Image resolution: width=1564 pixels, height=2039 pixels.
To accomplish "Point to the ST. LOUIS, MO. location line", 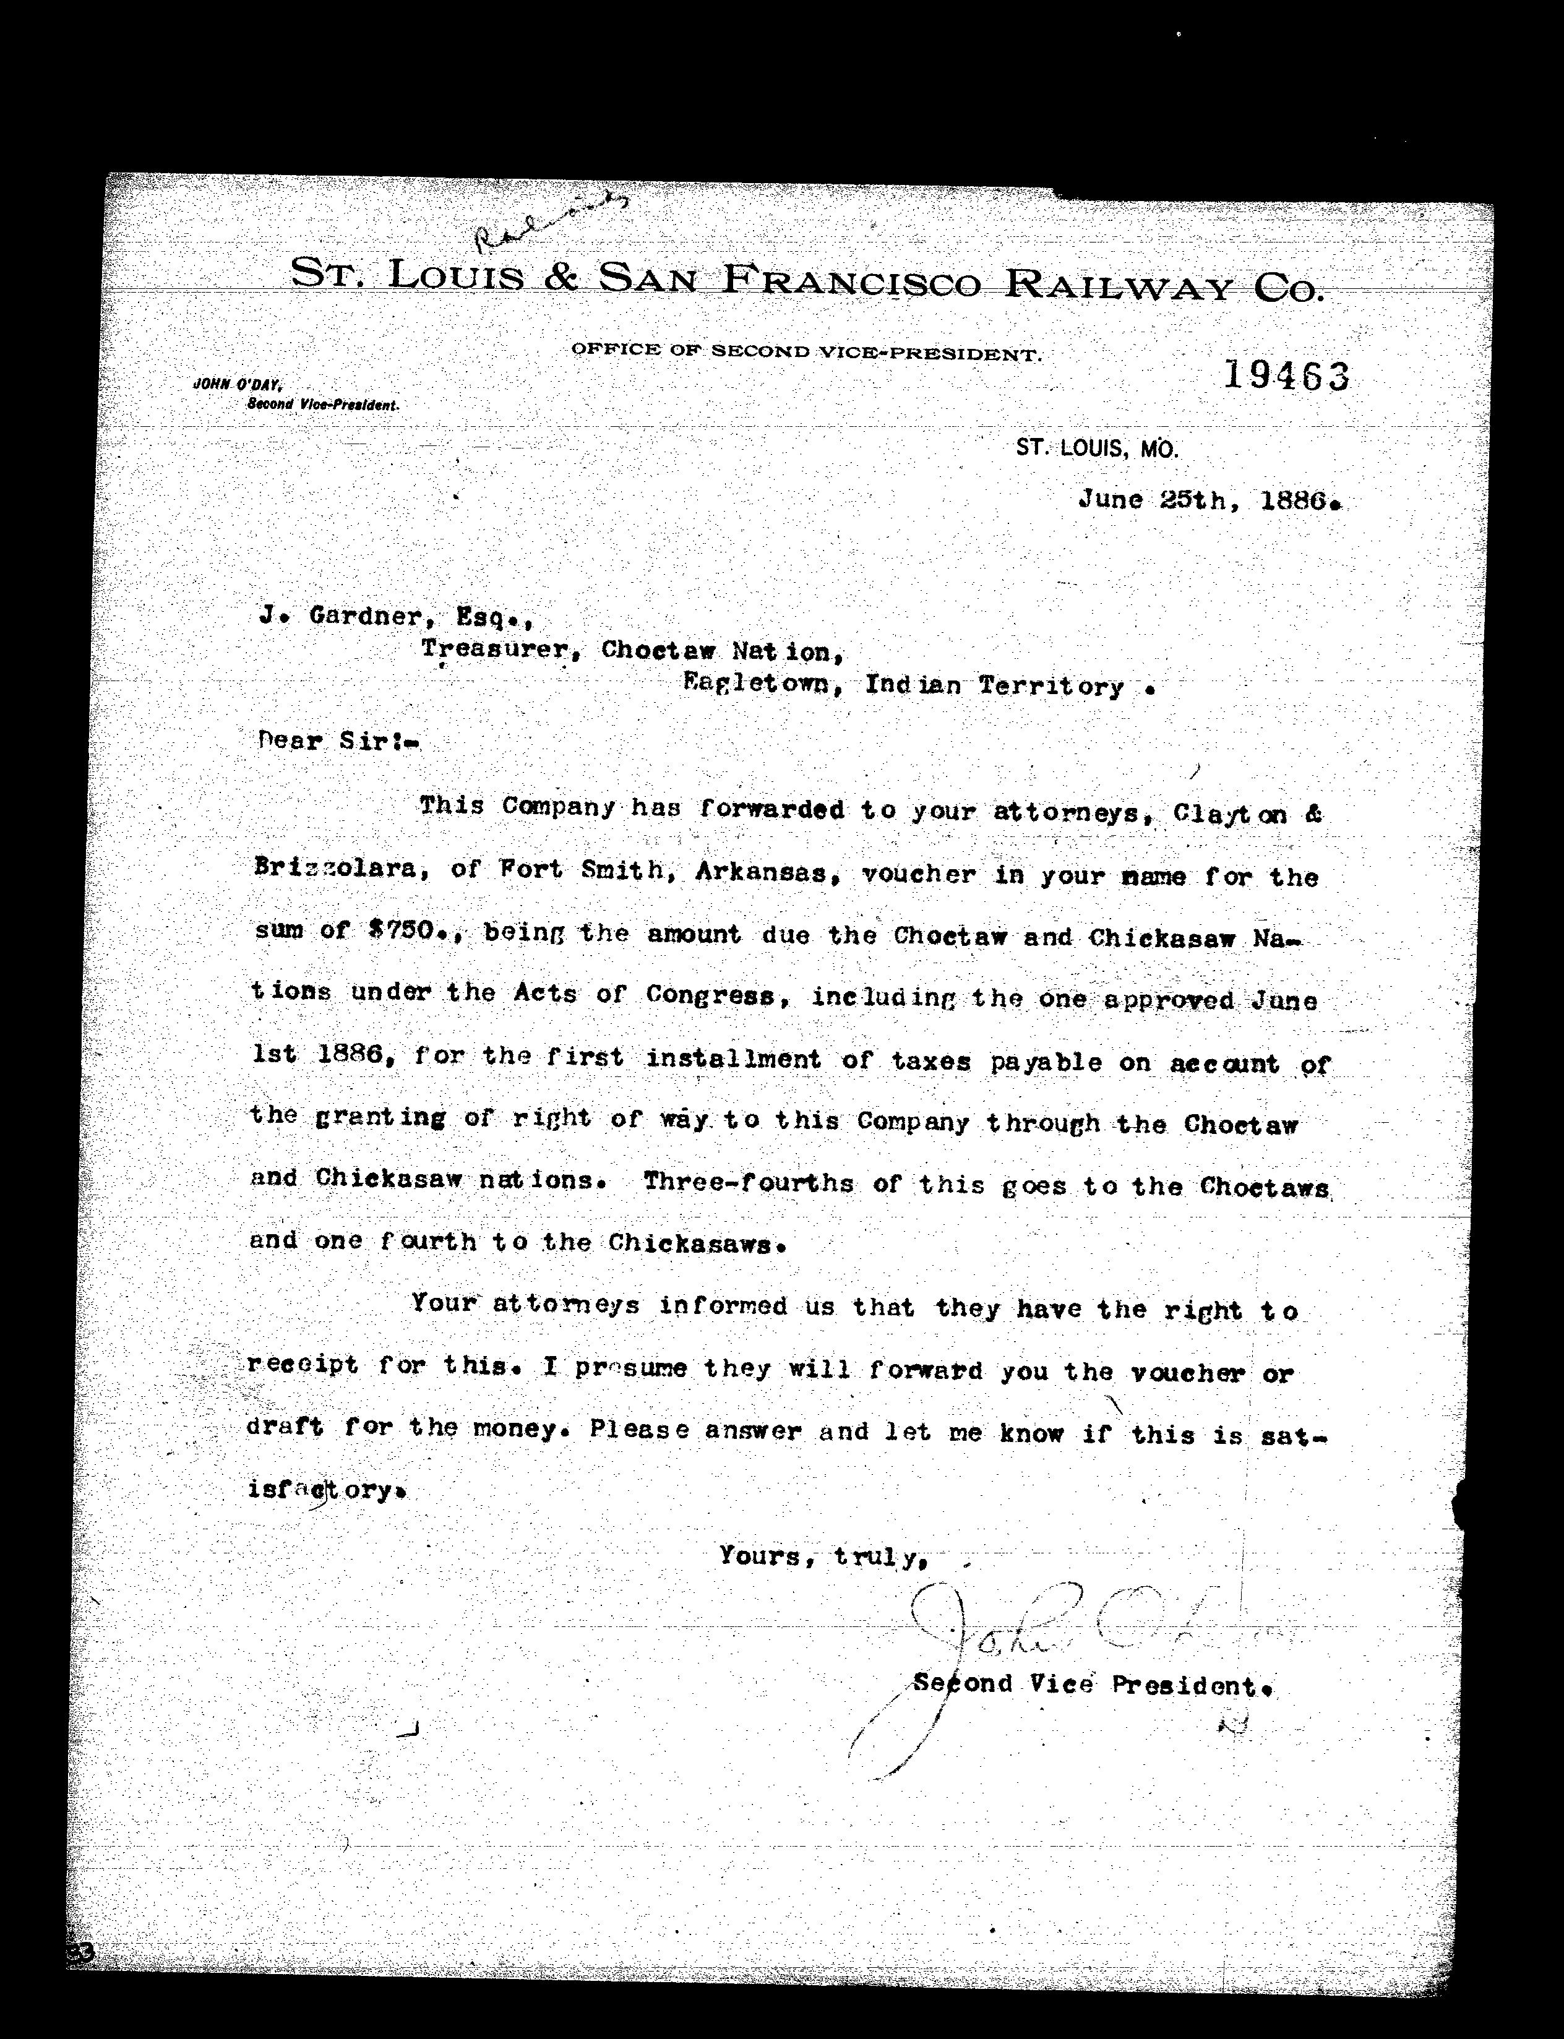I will click(x=1097, y=449).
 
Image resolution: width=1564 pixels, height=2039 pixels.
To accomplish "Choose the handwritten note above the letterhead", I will click(x=549, y=223).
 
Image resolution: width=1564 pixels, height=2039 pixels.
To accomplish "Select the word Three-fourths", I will click(x=747, y=1183).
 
